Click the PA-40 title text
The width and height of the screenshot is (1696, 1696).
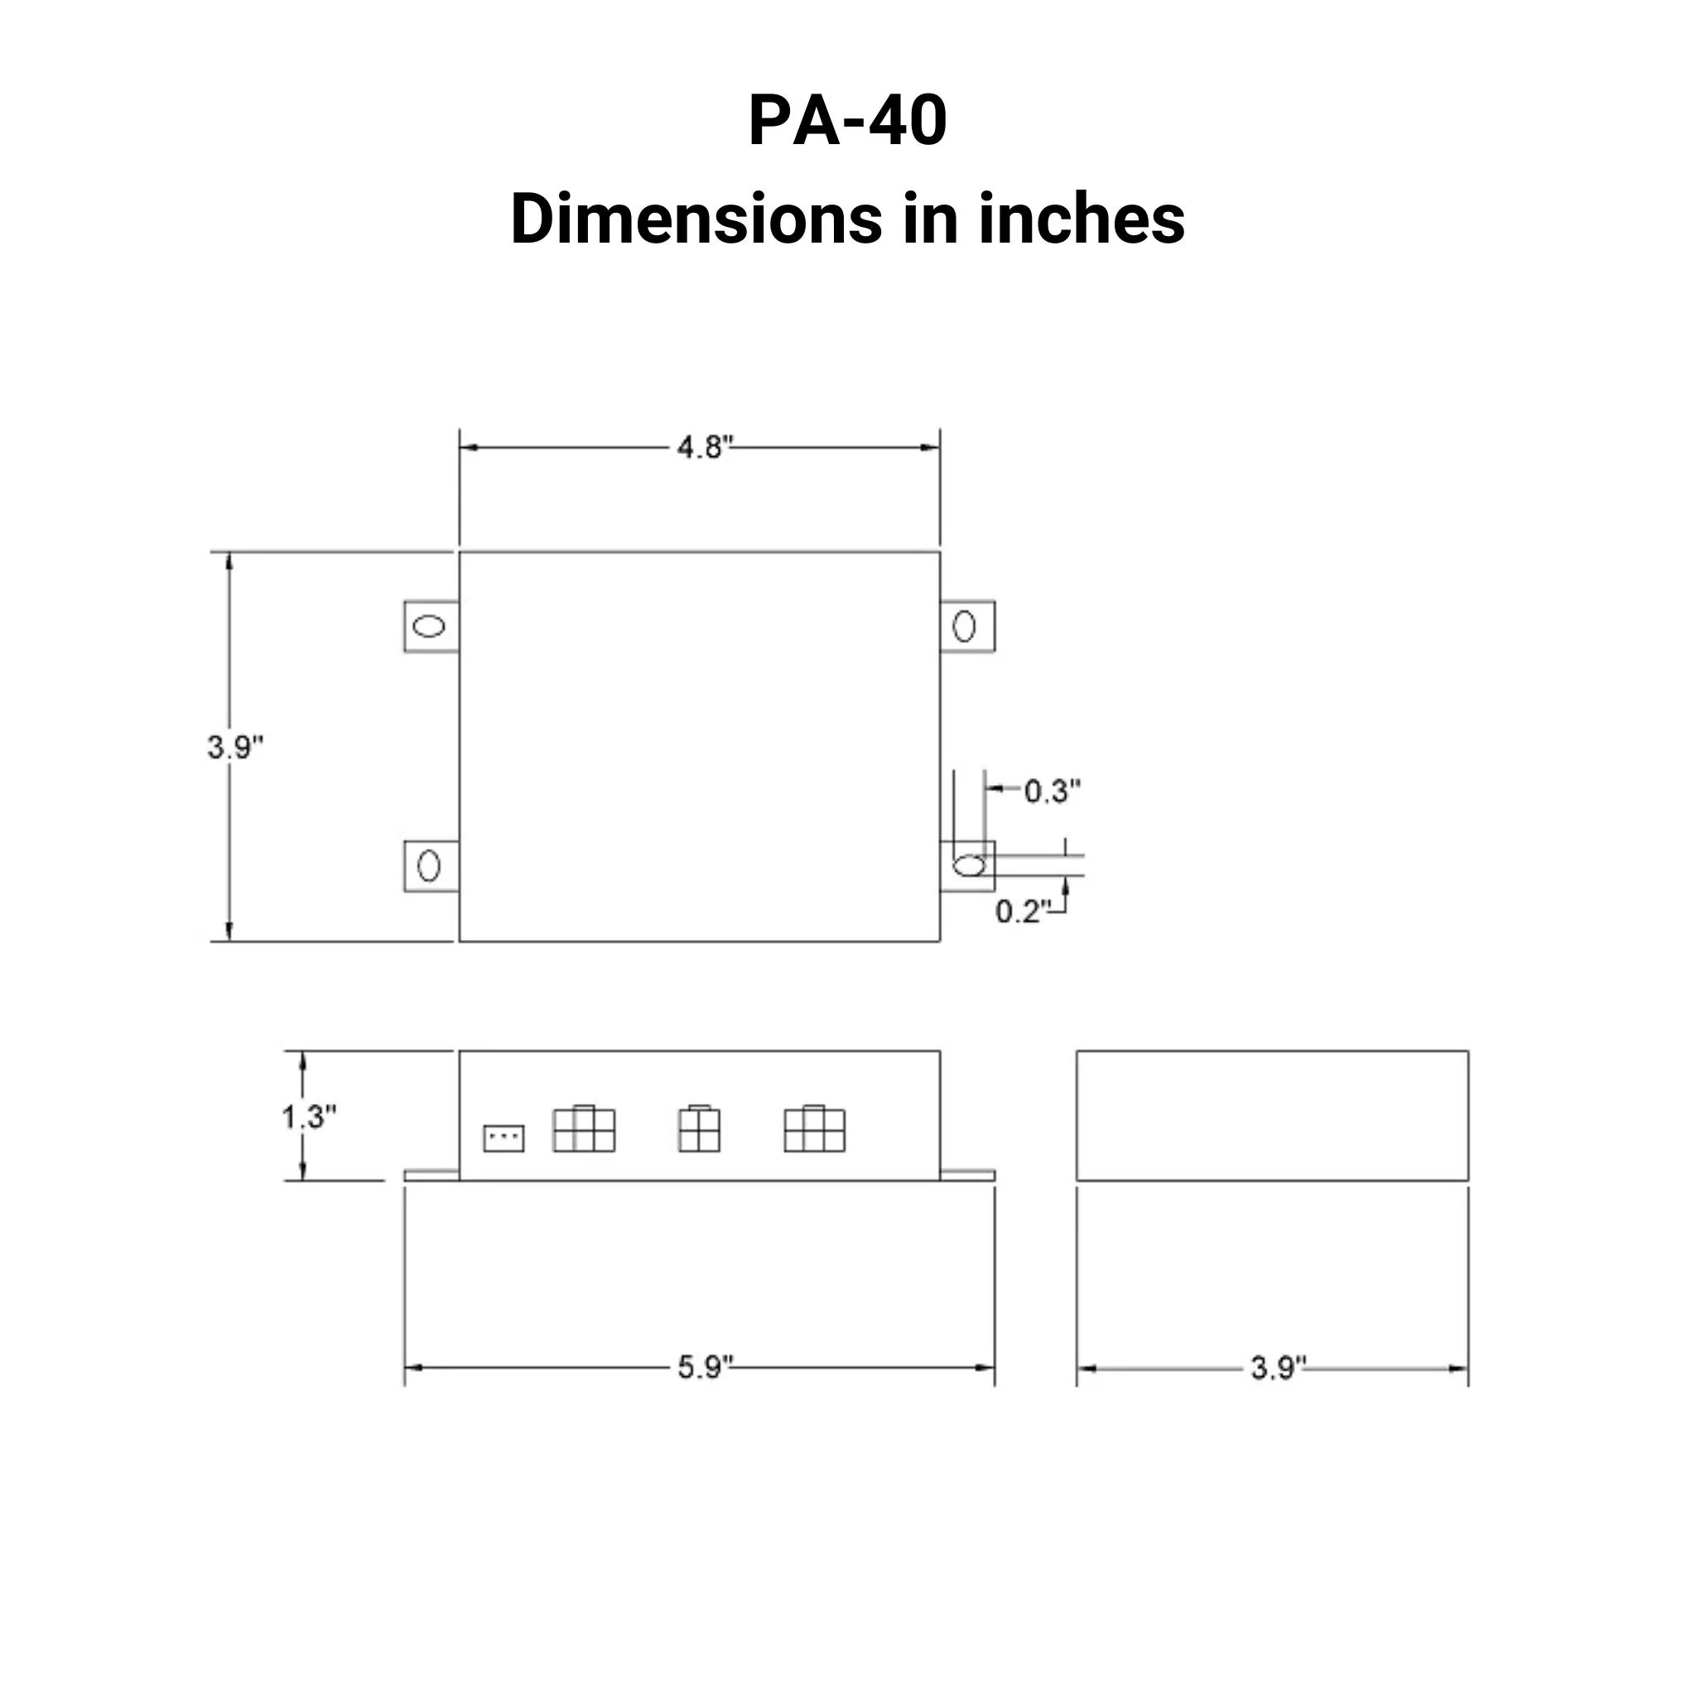point(847,121)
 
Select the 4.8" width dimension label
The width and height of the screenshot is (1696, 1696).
point(704,448)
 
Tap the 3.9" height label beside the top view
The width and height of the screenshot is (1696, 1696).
point(234,747)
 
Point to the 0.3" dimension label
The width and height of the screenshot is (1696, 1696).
point(1052,791)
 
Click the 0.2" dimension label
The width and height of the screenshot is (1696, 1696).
point(1022,911)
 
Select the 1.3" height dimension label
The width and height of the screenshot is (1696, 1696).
point(308,1116)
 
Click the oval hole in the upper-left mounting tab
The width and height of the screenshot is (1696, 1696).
point(429,627)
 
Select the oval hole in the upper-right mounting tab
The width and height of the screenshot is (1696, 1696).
point(964,627)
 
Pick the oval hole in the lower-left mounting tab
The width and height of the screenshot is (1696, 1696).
point(428,866)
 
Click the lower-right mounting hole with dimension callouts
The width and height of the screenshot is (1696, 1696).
point(969,866)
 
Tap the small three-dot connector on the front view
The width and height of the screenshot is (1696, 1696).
point(503,1139)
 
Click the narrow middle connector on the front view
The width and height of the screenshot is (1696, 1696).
point(699,1129)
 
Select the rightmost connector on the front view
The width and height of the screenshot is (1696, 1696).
point(815,1129)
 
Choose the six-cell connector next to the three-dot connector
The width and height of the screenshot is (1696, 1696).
point(584,1129)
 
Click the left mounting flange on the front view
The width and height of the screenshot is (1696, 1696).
point(431,1174)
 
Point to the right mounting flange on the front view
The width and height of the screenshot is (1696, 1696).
point(967,1174)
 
